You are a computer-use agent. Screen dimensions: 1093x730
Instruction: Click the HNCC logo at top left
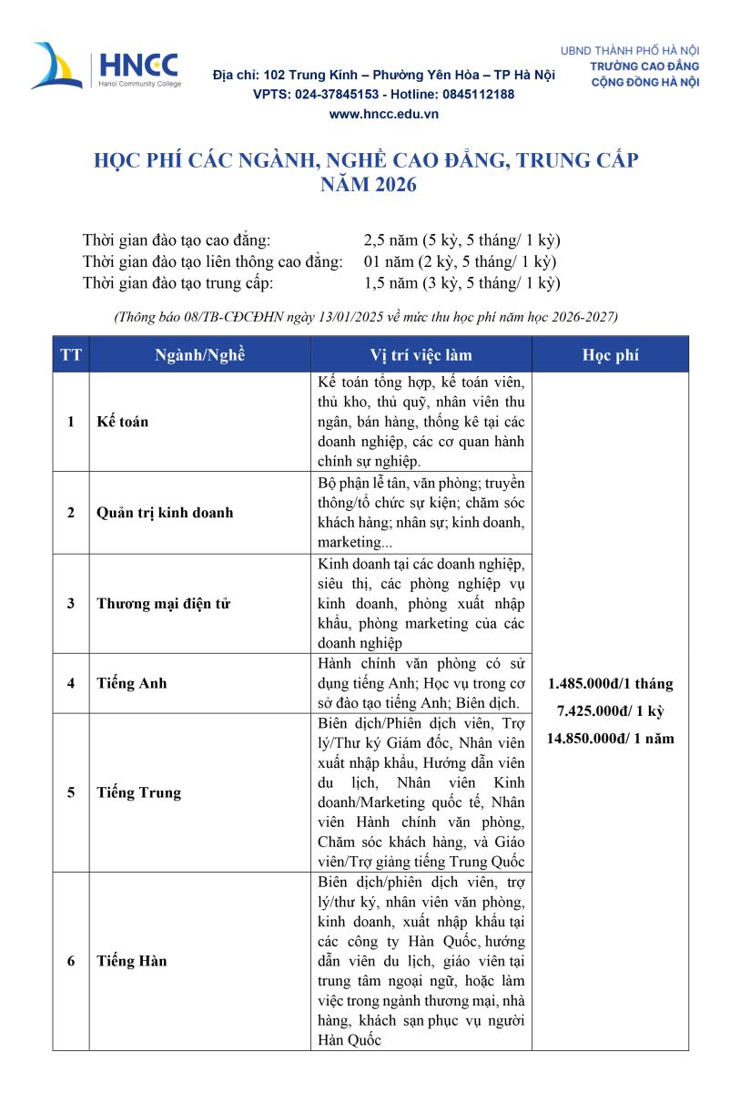click(106, 66)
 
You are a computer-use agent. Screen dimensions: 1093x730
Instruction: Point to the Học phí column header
click(610, 355)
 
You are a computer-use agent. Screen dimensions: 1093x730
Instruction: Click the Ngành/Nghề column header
click(199, 355)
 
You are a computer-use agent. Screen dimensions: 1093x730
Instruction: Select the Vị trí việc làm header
click(421, 355)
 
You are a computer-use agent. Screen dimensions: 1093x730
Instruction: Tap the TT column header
click(70, 355)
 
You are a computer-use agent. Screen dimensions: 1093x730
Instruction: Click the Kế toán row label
click(123, 422)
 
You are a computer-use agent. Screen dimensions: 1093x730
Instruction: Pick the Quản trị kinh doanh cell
click(165, 512)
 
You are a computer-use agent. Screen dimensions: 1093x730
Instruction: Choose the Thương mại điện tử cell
click(164, 603)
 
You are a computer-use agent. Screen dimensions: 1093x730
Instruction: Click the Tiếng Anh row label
click(132, 683)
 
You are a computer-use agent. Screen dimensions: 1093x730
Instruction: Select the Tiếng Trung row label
click(139, 792)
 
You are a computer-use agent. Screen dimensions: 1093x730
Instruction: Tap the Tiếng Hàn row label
click(132, 961)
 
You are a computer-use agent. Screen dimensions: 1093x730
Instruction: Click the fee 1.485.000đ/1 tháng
click(610, 683)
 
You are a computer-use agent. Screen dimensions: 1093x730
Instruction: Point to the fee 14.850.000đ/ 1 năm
click(610, 738)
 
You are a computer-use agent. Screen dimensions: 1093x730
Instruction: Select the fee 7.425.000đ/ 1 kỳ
click(610, 710)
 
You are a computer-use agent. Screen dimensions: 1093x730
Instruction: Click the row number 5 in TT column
click(70, 792)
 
